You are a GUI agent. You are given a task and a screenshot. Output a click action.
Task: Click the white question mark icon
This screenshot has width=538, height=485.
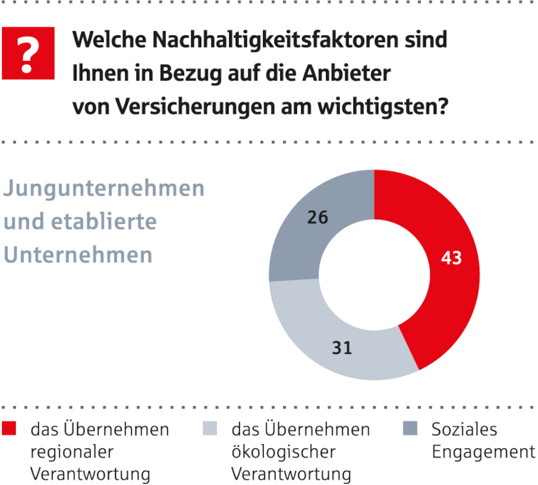[28, 54]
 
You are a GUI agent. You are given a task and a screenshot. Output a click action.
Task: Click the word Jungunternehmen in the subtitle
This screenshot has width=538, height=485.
[104, 189]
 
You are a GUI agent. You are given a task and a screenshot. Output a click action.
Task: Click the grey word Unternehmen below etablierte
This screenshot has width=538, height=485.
[78, 254]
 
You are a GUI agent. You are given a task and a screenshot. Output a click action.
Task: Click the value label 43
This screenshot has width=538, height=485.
[451, 259]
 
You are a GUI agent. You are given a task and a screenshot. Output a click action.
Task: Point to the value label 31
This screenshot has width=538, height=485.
[341, 348]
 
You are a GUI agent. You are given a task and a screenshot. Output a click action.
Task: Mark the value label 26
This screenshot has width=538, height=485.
[317, 218]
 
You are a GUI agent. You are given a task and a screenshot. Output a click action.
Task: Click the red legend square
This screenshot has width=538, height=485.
[10, 429]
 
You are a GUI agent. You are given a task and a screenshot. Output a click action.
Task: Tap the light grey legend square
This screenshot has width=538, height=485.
[210, 429]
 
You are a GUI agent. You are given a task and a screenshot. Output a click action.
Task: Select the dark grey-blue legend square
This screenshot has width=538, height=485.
[410, 429]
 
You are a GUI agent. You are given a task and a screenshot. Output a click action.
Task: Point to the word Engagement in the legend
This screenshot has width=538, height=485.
[484, 452]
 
